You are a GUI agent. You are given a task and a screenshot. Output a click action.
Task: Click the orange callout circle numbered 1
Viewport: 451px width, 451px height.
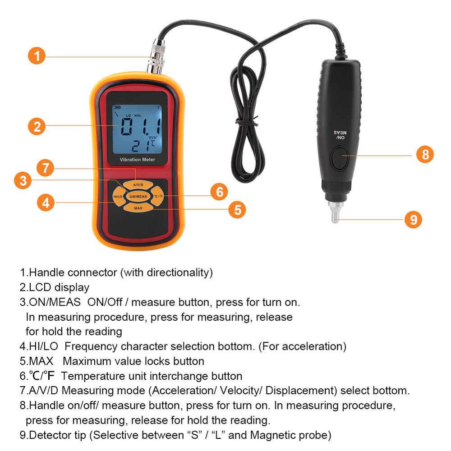tap(37, 56)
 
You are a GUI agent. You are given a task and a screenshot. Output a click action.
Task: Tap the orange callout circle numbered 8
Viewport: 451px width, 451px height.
tap(425, 154)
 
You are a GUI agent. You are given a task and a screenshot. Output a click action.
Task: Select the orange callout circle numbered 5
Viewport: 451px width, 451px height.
tap(237, 209)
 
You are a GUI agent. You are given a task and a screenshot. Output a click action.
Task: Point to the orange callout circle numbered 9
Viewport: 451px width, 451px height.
tap(413, 220)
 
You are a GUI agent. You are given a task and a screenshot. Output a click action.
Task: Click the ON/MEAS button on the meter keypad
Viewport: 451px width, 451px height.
tap(138, 197)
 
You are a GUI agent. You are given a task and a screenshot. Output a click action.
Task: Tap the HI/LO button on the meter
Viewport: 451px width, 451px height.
tap(118, 197)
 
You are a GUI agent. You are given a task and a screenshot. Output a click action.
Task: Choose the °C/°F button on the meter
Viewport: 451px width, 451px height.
tap(158, 196)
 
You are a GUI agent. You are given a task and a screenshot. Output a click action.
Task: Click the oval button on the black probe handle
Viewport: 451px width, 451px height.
tap(340, 157)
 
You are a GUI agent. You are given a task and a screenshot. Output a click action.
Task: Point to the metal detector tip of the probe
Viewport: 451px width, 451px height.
tap(335, 212)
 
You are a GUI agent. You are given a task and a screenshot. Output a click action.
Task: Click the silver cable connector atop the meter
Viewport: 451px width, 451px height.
tap(156, 57)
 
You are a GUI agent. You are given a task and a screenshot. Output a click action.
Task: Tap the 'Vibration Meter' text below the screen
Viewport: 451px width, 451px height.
tap(137, 160)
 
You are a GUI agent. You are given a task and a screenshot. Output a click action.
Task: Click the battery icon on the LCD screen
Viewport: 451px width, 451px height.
tap(118, 108)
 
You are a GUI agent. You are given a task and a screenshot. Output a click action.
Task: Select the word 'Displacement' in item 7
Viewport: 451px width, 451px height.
tap(301, 391)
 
